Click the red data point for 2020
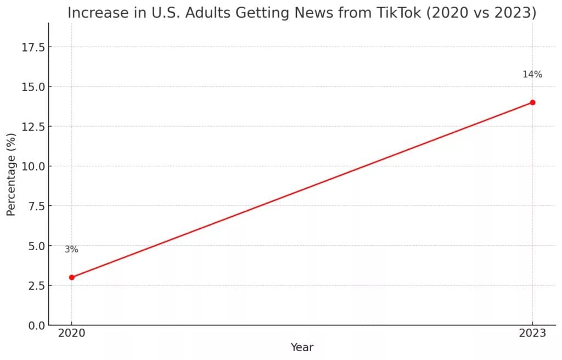[x=72, y=277]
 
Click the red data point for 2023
[x=532, y=103]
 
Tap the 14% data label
[x=532, y=74]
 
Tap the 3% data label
[x=71, y=249]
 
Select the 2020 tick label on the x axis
[x=72, y=333]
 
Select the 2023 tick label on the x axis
[x=532, y=333]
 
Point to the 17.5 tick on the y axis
[x=33, y=47]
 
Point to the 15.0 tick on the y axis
[x=33, y=87]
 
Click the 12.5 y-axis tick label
[x=33, y=127]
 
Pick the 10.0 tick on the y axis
[x=33, y=166]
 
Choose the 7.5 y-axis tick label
[x=36, y=206]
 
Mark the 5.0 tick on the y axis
[x=36, y=246]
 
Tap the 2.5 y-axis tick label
[x=36, y=286]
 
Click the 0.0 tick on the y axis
[x=36, y=325]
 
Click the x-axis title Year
[x=302, y=347]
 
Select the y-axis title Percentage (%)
[x=11, y=175]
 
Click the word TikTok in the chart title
[x=399, y=13]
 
